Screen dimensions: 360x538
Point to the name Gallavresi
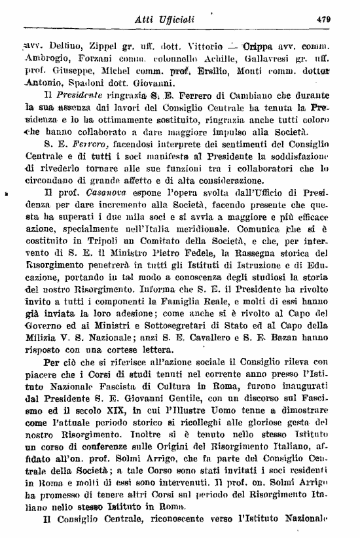click(275, 60)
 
